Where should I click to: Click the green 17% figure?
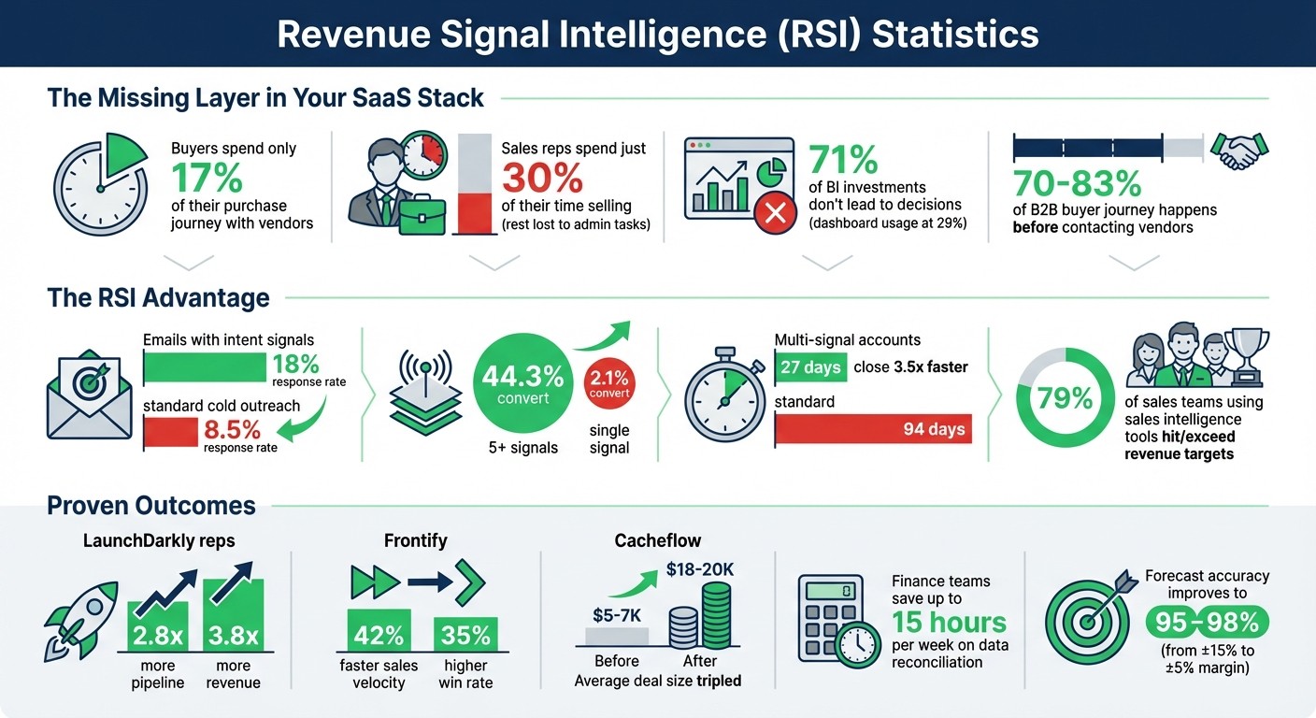207,178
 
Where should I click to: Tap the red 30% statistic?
542,178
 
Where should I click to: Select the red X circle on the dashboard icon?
775,215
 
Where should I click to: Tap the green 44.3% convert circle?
522,384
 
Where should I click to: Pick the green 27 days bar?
809,366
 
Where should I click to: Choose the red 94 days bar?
873,429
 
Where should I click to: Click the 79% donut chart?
1065,398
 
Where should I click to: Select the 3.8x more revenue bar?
233,618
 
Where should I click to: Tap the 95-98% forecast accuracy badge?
1206,621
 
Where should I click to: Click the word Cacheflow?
657,541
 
